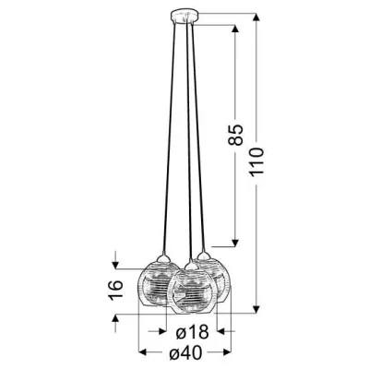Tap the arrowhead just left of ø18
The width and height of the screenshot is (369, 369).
tap(166, 330)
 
